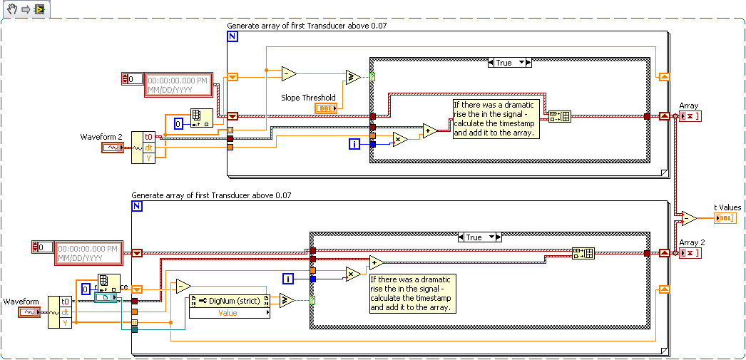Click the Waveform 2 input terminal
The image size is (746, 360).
113,148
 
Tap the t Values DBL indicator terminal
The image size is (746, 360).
725,217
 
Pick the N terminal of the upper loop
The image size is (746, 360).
233,36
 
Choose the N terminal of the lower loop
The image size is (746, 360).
137,206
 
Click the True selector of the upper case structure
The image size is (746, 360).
509,63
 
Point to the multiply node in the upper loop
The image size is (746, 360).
400,139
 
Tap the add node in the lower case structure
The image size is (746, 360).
376,262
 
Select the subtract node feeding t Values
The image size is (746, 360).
688,218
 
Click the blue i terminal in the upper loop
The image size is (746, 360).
354,145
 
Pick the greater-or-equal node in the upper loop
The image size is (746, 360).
353,77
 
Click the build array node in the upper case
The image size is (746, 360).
559,116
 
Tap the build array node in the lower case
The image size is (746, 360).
583,253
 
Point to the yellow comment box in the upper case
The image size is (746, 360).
494,119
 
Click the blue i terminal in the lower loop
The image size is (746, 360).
289,279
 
